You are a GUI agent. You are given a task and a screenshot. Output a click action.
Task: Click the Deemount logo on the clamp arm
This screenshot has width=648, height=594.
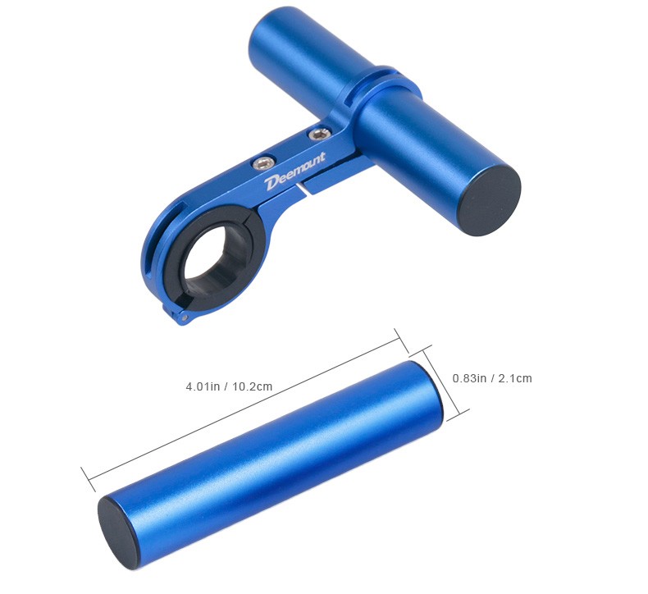point(295,171)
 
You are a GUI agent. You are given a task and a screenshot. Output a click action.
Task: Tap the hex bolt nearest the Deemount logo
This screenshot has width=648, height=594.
point(264,162)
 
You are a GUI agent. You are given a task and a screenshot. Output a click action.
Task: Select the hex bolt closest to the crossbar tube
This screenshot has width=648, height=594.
point(320,134)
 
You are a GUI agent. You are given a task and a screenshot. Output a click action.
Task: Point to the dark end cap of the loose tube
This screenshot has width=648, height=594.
point(121,532)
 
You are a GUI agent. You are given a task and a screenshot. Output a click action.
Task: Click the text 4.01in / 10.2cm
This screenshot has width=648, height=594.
point(229,386)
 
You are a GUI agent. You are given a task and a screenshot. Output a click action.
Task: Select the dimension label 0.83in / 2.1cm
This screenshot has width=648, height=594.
point(492,377)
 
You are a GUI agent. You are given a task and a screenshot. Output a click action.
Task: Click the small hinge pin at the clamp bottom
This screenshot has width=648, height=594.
point(184,318)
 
